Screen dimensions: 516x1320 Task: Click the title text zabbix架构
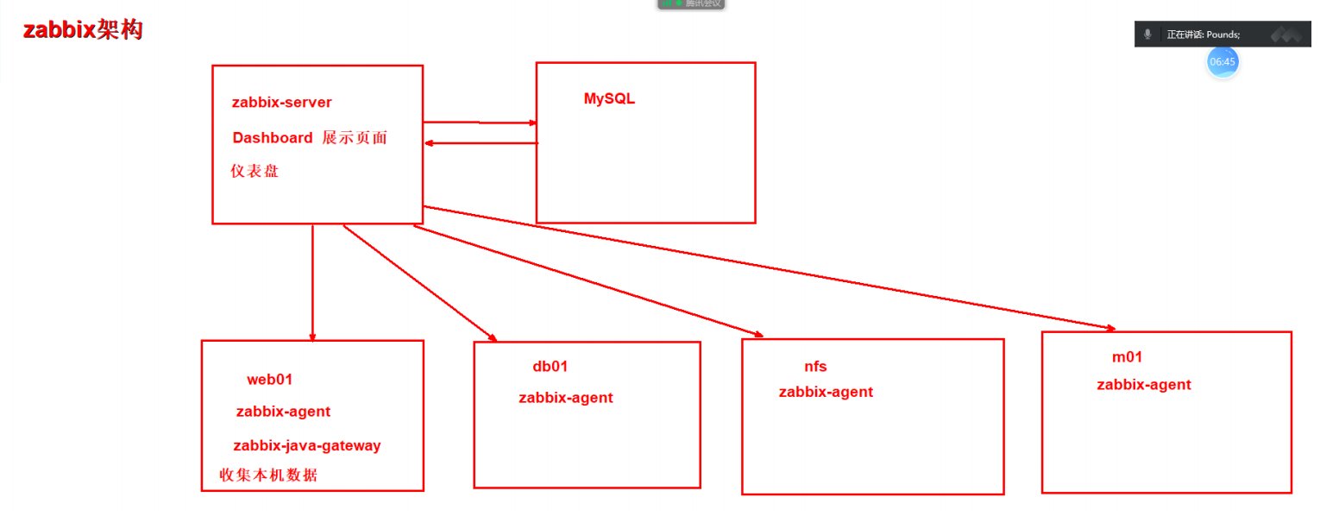pos(83,30)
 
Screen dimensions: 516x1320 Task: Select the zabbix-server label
pos(281,103)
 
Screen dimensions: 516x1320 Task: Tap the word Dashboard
pos(273,138)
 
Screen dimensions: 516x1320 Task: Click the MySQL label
pos(609,98)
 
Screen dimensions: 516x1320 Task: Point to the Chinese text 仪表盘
pos(255,171)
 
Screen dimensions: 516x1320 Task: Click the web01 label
pos(270,379)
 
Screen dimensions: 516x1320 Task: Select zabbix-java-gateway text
pos(306,446)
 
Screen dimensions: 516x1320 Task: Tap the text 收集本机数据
pos(268,475)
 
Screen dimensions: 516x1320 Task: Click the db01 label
pos(550,367)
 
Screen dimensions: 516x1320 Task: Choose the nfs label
pos(815,367)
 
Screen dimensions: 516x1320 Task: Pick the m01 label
pos(1127,357)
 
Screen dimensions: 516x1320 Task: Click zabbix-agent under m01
pos(1143,385)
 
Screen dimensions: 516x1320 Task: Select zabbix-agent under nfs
pos(826,392)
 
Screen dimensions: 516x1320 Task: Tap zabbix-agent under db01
pos(565,398)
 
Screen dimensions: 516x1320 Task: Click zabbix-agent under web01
pos(283,412)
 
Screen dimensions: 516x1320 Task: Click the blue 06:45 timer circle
pos(1223,61)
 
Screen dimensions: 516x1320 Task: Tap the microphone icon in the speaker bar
pos(1147,35)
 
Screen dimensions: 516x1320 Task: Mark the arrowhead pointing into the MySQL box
pos(532,123)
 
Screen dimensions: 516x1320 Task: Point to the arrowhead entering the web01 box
pos(312,337)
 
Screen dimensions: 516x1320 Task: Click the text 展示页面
pos(355,138)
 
